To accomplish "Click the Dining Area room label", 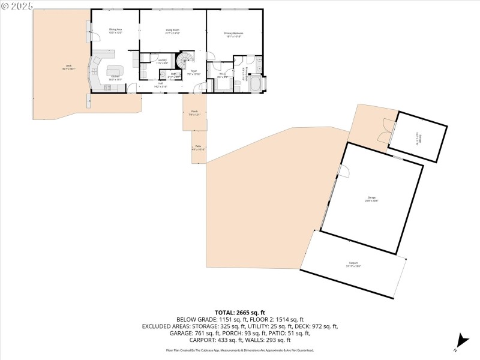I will pos(115,31).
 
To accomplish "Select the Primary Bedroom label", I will pos(233,34).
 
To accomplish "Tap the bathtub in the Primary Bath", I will pos(255,83).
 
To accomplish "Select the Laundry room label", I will pos(162,61).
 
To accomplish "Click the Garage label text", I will pos(371,198).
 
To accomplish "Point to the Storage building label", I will pos(417,139).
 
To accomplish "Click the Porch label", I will pos(194,113).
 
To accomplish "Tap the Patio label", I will pos(198,148).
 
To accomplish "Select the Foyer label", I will pos(193,73).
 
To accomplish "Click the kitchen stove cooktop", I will pos(108,88).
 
